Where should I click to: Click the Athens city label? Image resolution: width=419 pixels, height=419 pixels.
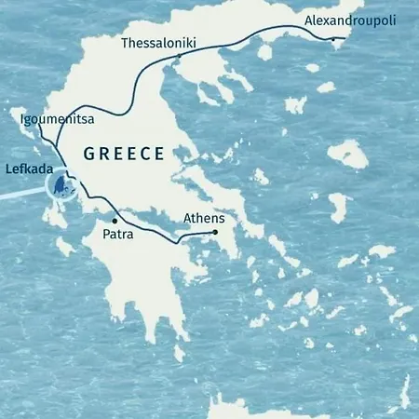(204, 219)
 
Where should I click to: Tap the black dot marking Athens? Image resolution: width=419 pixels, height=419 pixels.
(214, 232)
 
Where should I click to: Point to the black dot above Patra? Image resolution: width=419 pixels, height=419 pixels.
(115, 221)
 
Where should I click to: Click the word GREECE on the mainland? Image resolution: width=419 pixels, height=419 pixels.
(124, 154)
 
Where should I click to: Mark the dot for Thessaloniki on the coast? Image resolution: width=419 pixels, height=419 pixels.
(178, 63)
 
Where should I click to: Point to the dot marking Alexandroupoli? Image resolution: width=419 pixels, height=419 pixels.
(332, 39)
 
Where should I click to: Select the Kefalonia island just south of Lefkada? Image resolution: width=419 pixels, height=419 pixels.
(66, 216)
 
